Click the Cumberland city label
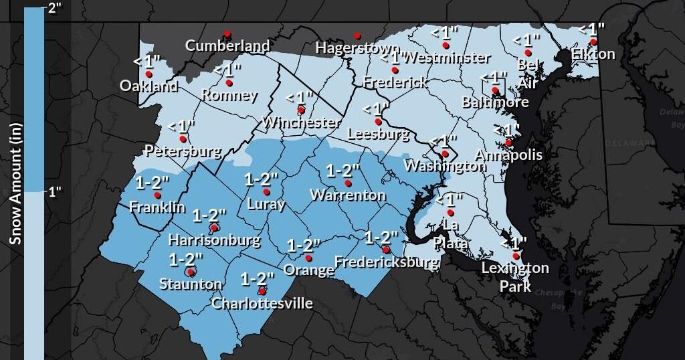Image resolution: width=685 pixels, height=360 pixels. coord(227,46)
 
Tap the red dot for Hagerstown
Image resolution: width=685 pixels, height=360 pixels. coord(357,36)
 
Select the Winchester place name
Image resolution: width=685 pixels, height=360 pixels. coord(301,122)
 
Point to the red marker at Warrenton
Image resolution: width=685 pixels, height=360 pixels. coord(347,183)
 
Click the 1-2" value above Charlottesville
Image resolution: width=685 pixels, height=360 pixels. coord(258,278)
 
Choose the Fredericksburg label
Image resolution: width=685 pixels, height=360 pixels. coord(386,262)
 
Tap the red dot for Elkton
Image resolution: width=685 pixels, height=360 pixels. coord(593,41)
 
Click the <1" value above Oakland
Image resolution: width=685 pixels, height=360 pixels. coord(146,61)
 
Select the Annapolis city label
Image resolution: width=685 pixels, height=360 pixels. coord(508,155)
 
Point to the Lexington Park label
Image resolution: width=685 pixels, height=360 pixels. coord(515,276)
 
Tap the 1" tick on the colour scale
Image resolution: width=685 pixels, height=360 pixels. coord(54,192)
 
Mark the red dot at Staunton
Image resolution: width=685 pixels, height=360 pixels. coord(191,272)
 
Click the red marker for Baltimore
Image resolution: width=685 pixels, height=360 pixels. coord(495,90)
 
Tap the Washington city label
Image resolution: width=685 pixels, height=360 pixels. coord(446,166)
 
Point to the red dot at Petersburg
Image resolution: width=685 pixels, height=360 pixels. coord(182,139)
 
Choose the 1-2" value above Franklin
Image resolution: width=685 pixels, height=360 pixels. coord(153,182)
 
